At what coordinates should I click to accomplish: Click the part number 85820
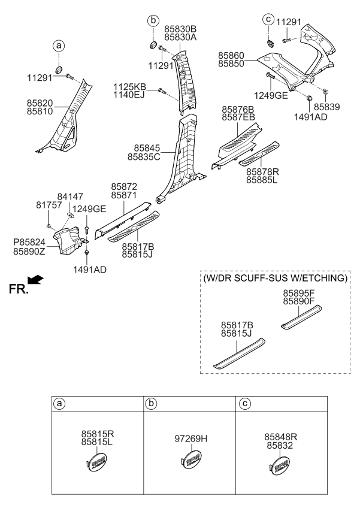point(40,102)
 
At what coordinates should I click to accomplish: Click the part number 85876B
point(238,110)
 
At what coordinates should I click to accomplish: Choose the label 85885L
point(263,179)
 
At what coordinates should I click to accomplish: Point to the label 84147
point(70,196)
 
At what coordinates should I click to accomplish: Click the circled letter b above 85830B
point(153,22)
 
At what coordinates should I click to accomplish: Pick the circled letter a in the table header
point(59,404)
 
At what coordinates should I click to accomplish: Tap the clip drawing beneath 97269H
point(191,461)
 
